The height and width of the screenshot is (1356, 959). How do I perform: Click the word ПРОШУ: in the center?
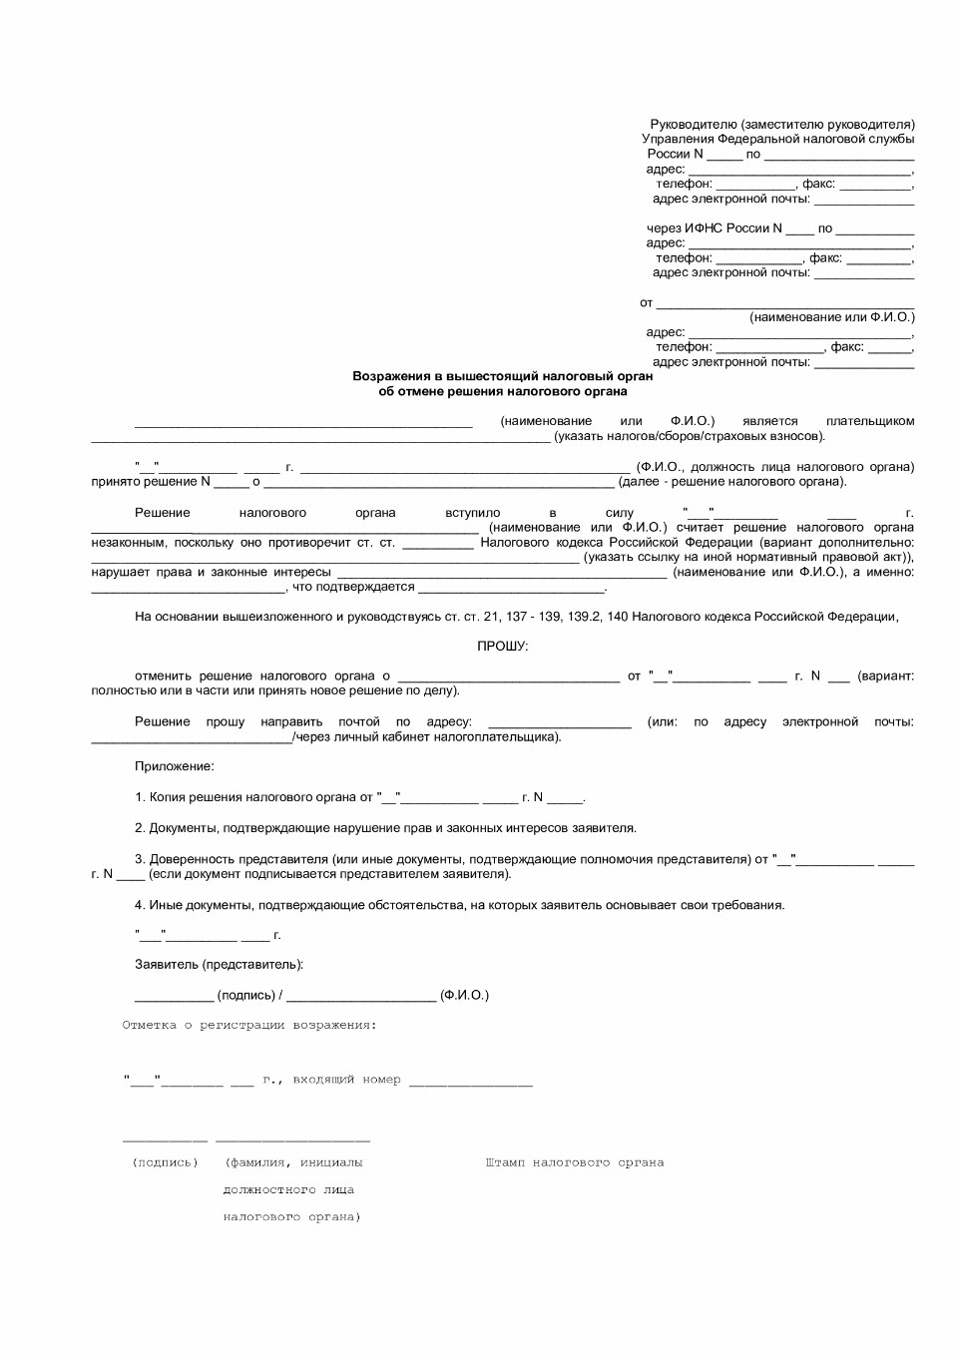click(x=502, y=646)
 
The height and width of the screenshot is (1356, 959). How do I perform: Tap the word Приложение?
click(x=174, y=766)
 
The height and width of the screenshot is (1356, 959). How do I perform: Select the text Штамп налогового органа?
click(x=574, y=1162)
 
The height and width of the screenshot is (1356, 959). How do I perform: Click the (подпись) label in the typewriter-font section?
click(x=165, y=1162)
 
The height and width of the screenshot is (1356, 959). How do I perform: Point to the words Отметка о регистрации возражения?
click(x=249, y=1025)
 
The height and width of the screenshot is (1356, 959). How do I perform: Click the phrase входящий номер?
click(x=346, y=1080)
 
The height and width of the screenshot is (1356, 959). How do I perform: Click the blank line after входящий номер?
click(x=470, y=1082)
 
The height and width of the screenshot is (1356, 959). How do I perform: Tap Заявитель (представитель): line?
click(x=219, y=965)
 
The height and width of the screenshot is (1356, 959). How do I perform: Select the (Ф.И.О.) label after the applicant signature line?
click(x=464, y=995)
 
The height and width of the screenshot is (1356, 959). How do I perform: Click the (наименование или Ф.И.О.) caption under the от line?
click(x=831, y=317)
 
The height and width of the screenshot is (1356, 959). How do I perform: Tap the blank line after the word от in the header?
click(x=784, y=304)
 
